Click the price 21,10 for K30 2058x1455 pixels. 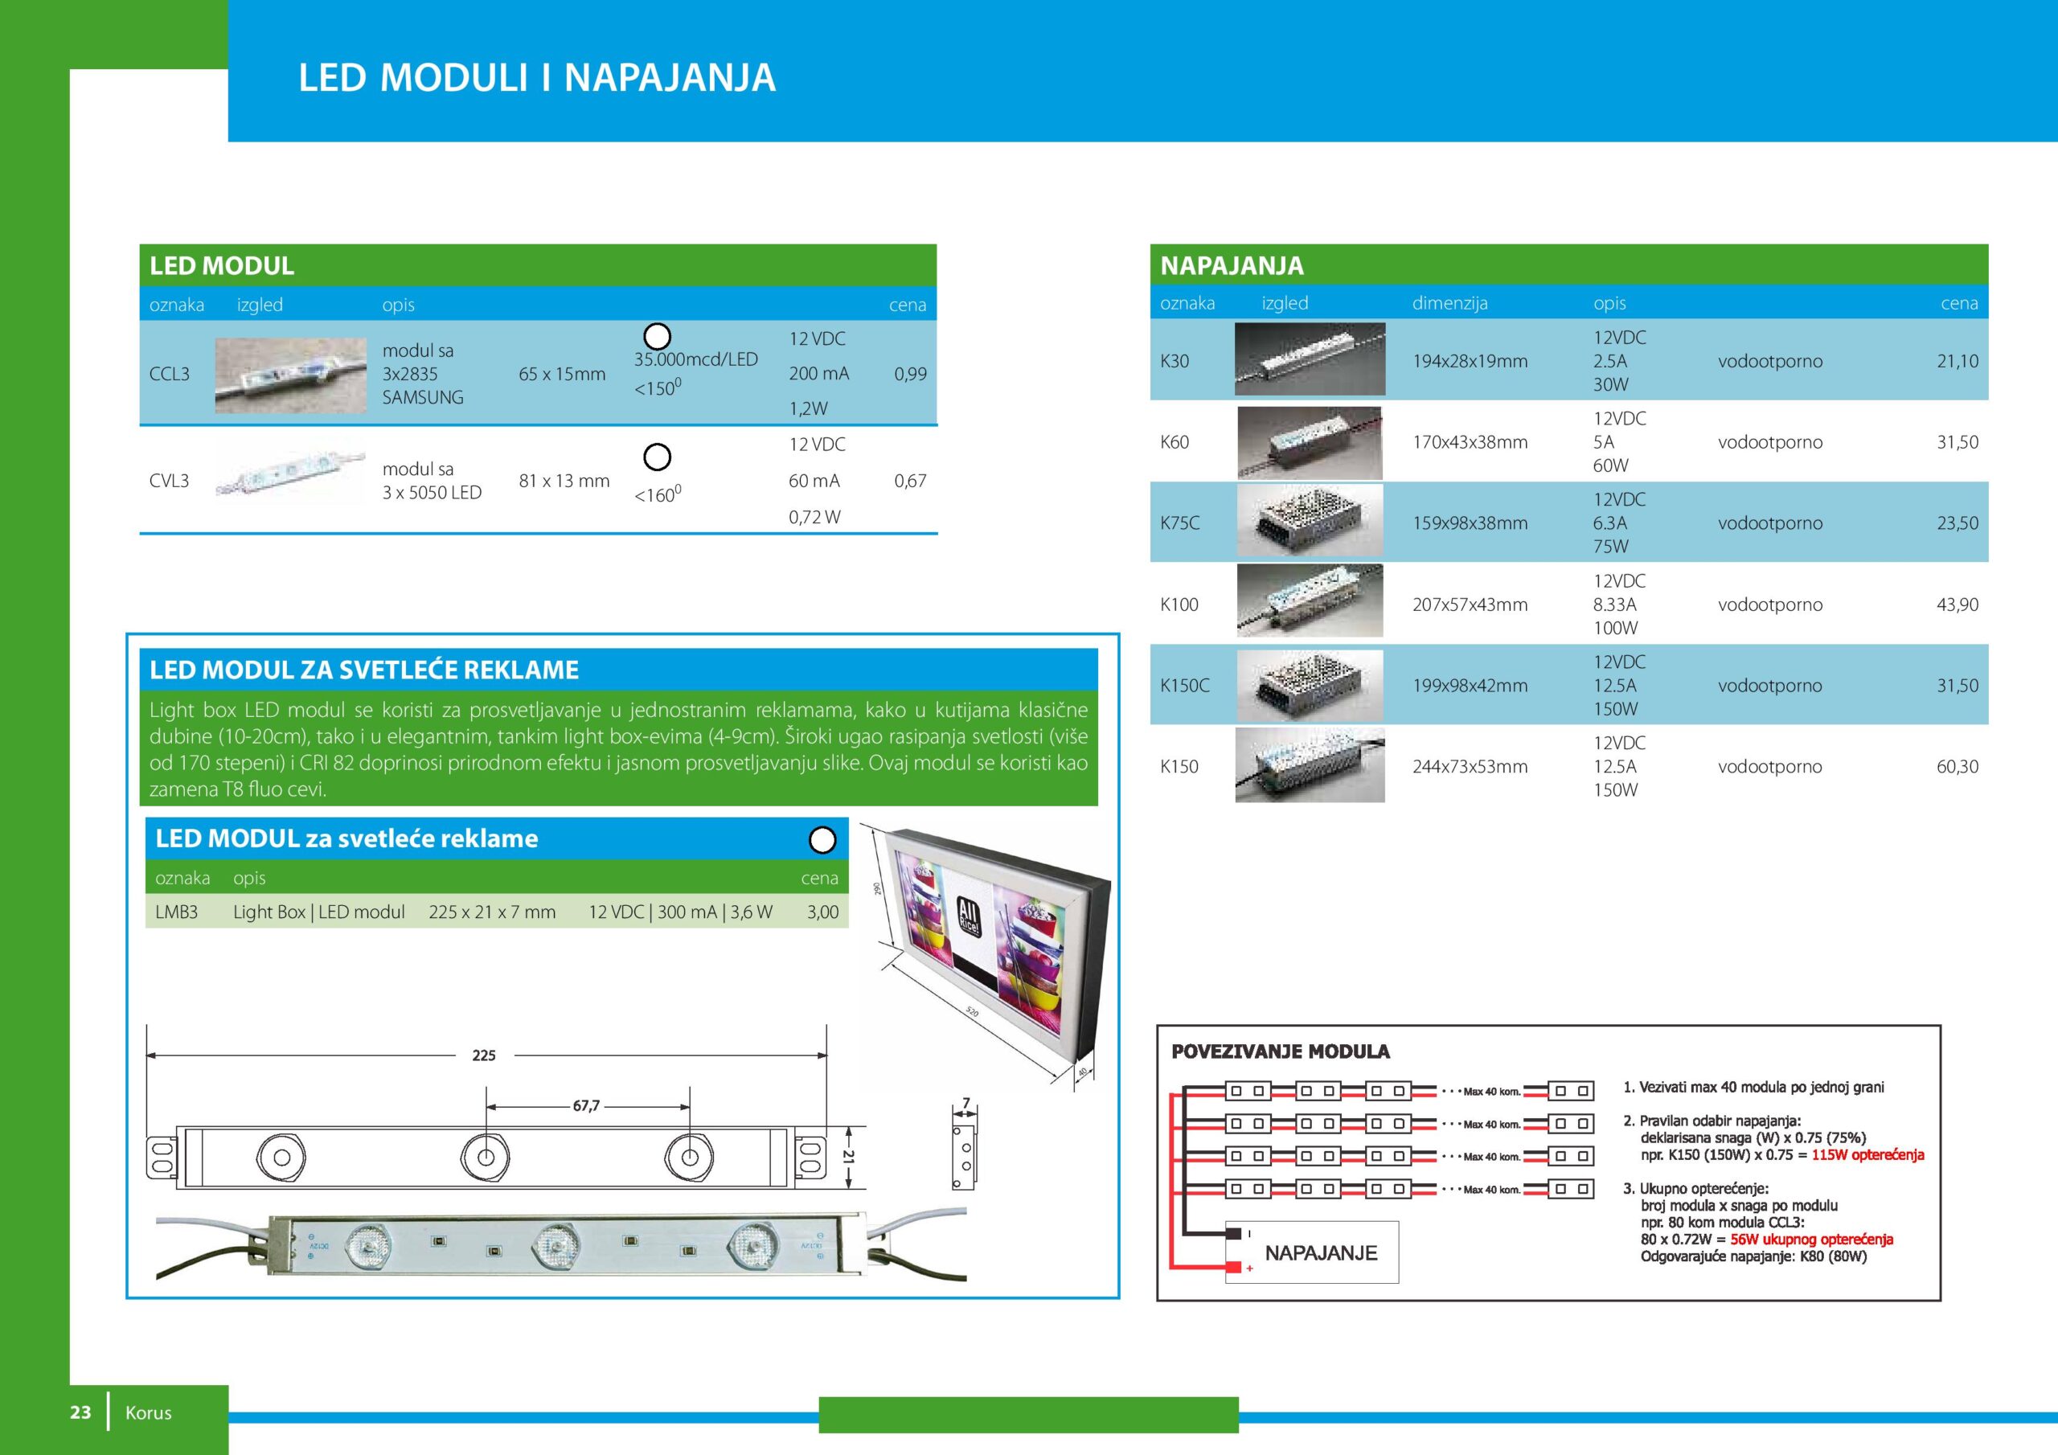[1957, 361]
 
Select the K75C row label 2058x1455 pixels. [1179, 523]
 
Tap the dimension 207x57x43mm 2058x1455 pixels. [1470, 605]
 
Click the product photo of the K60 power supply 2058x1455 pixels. [1310, 442]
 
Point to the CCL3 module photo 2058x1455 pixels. [290, 375]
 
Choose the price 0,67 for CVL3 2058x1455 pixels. [910, 481]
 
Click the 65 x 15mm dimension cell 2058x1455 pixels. [562, 374]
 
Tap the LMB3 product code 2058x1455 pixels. [177, 912]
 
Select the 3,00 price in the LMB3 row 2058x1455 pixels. [823, 912]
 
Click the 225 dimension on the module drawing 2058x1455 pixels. [484, 1055]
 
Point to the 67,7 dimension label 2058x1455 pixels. [586, 1106]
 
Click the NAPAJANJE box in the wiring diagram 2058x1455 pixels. [1311, 1252]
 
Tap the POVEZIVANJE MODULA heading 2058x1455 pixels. [1280, 1051]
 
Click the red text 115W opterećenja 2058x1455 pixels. [1868, 1154]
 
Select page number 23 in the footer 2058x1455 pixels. [80, 1412]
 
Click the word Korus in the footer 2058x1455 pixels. [149, 1413]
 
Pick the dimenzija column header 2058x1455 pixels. [1449, 303]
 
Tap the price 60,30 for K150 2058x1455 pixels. [1957, 767]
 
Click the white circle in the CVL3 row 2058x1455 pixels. [657, 457]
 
